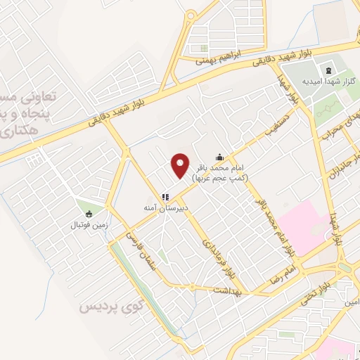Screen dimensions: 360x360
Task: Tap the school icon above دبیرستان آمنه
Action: tap(165, 198)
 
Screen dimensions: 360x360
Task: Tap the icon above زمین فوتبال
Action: tap(89, 214)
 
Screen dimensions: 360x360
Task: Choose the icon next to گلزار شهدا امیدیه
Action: tap(328, 70)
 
